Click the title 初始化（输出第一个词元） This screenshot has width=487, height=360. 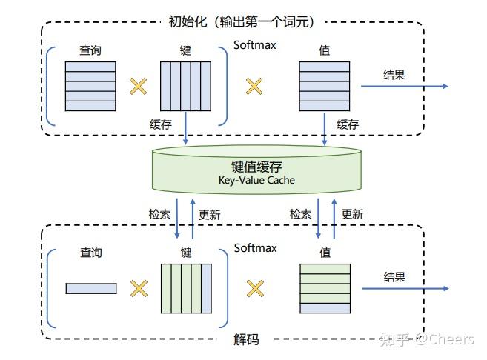[x=242, y=21]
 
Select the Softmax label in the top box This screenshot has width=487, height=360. [x=255, y=45]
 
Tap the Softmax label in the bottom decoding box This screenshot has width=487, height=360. [x=255, y=248]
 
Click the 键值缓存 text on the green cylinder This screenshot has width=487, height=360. [x=256, y=167]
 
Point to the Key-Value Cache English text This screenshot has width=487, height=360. [x=256, y=180]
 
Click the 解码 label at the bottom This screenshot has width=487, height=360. [x=246, y=339]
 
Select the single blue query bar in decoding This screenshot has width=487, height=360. [x=91, y=288]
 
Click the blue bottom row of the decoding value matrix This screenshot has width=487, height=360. [x=325, y=308]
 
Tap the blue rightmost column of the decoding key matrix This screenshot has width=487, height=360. [x=207, y=289]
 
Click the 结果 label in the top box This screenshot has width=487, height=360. [x=394, y=75]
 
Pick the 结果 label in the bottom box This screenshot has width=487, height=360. [x=394, y=277]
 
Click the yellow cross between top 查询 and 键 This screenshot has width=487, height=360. [x=138, y=86]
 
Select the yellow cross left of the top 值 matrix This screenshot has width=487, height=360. [x=254, y=86]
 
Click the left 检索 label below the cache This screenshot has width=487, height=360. [x=159, y=214]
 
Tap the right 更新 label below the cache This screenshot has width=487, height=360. [x=352, y=214]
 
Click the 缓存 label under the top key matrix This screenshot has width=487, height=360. [x=161, y=124]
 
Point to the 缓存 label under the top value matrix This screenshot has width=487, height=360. [x=348, y=124]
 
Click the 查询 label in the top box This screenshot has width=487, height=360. [x=90, y=50]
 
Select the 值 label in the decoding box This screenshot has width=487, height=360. [x=325, y=253]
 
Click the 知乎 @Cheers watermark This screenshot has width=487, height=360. [x=426, y=339]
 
